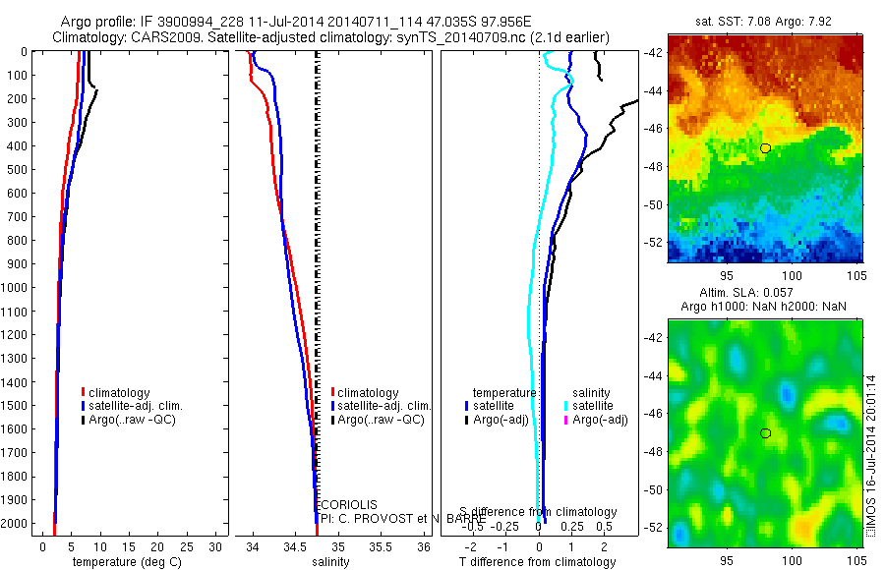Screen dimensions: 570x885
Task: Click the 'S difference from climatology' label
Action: click(540, 512)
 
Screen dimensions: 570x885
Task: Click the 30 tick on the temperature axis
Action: click(218, 545)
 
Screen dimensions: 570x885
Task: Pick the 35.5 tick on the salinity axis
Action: click(382, 545)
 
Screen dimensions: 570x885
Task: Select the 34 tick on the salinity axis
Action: click(253, 545)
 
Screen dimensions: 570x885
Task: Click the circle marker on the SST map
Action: click(765, 147)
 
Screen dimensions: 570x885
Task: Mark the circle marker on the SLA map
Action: click(765, 433)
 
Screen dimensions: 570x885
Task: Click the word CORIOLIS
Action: click(348, 504)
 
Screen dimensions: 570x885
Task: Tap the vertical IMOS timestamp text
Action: click(869, 457)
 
